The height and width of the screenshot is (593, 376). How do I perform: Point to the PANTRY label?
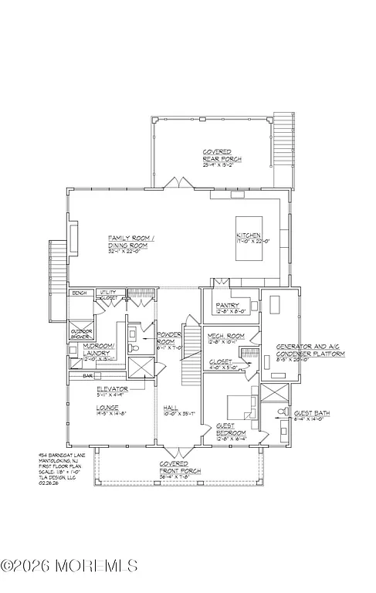coord(229,307)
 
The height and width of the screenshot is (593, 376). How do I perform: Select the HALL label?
coord(171,410)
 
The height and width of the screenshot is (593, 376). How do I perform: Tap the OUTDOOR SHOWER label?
coord(82,334)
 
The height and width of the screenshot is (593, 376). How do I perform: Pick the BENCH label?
coord(79,293)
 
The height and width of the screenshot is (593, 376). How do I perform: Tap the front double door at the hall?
coord(174,452)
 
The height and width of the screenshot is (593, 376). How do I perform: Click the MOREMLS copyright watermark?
coord(69,566)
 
